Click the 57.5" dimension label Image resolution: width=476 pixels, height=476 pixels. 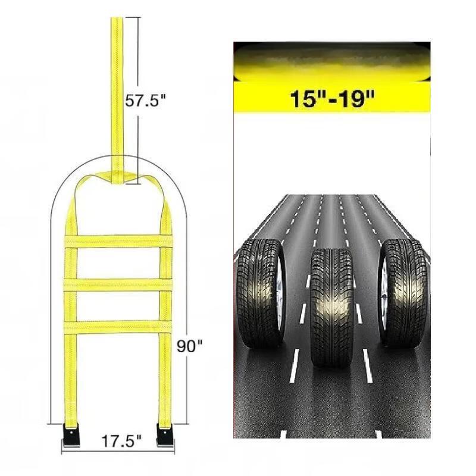coord(146,100)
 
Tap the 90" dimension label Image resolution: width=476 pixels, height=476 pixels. coord(190,346)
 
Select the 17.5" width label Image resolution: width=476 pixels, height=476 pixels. coord(121,441)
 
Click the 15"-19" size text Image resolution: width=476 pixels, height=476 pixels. coord(332,99)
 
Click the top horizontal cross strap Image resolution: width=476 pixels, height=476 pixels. coord(118,242)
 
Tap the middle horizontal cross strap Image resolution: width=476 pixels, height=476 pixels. coord(118,285)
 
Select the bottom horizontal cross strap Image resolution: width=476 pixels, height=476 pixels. coord(118,327)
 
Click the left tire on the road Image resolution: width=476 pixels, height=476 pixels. coord(261,293)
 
